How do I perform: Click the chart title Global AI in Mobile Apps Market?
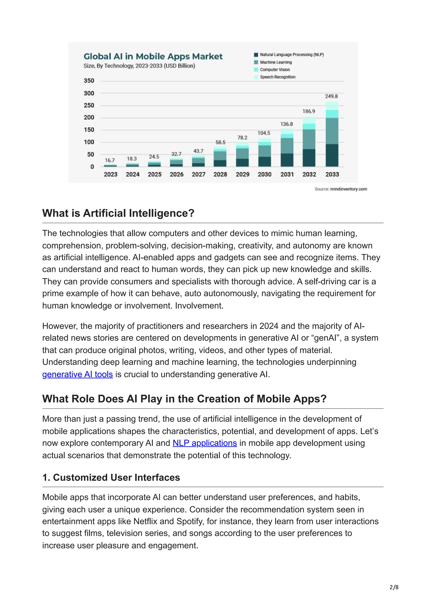click(x=153, y=56)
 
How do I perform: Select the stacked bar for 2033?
click(x=332, y=134)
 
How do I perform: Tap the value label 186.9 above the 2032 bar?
click(x=309, y=111)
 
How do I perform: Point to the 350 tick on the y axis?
click(x=89, y=81)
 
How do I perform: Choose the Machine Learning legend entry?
click(x=276, y=62)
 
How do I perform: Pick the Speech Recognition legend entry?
click(x=277, y=77)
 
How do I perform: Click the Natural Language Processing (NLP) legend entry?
click(x=292, y=55)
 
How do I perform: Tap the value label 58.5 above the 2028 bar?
click(x=220, y=142)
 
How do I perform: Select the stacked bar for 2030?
click(x=265, y=152)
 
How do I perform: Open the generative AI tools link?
click(x=77, y=374)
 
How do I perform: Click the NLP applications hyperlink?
click(x=205, y=443)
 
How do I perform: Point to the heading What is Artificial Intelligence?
click(x=118, y=213)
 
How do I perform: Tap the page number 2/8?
click(x=394, y=587)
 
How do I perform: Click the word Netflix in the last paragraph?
click(x=145, y=521)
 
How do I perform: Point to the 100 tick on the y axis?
click(x=89, y=142)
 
